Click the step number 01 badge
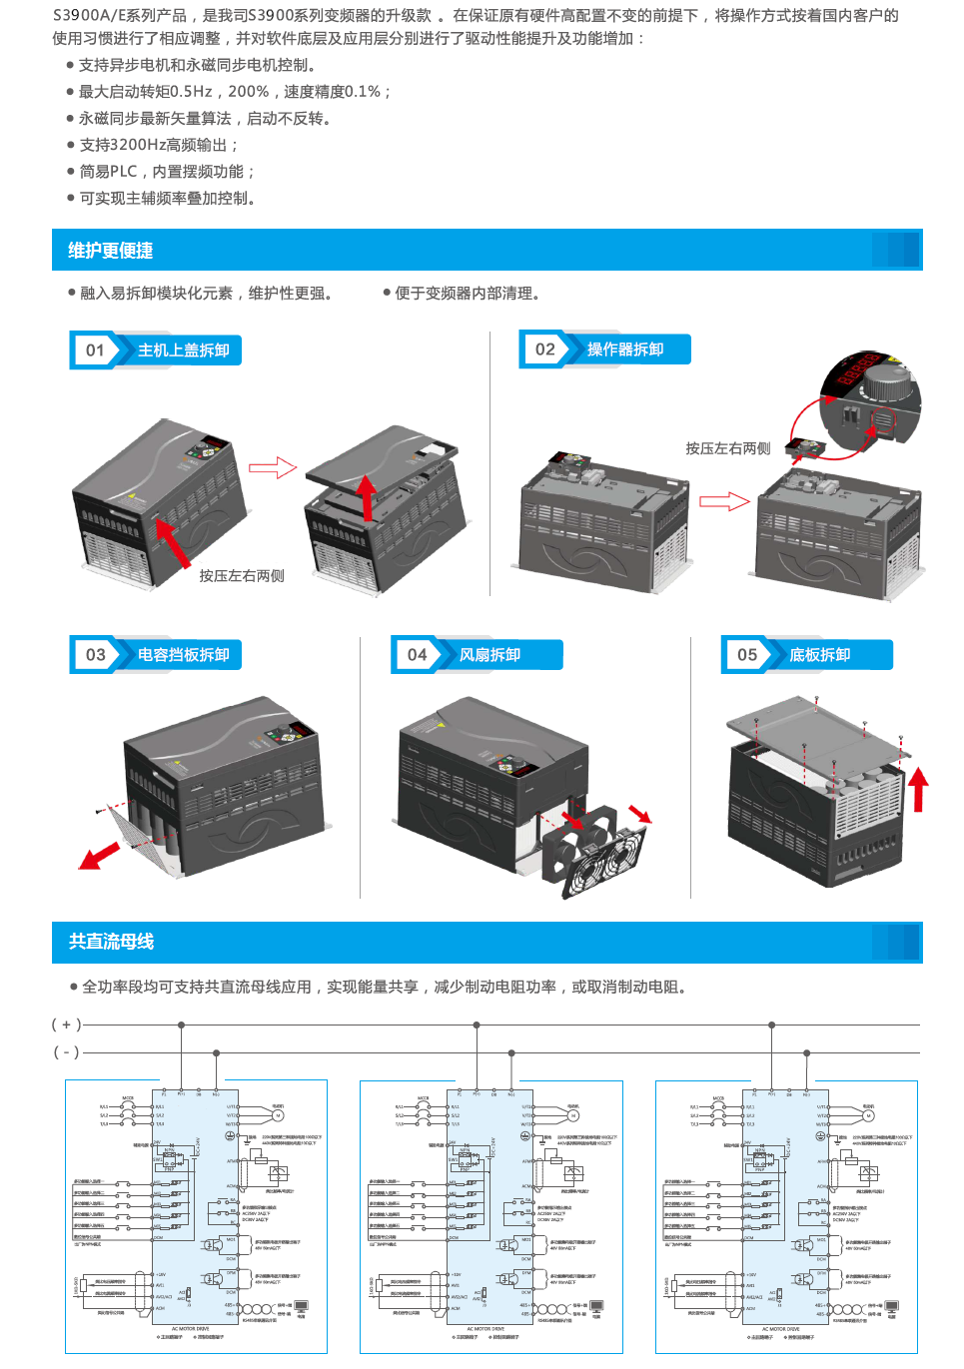(95, 350)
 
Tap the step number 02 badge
(544, 349)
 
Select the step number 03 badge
(95, 655)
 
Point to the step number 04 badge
(417, 655)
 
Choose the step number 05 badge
(747, 655)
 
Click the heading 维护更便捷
(110, 251)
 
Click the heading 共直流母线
(111, 942)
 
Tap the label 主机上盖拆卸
(184, 350)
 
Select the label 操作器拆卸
(625, 349)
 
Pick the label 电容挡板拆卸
(184, 655)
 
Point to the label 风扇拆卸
(489, 655)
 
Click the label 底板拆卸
(819, 655)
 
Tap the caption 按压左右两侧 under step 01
(242, 576)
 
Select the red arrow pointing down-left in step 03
(99, 856)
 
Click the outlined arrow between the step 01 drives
(273, 467)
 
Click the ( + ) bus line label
(66, 1025)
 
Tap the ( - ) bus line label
(66, 1052)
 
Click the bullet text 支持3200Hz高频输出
(158, 145)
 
